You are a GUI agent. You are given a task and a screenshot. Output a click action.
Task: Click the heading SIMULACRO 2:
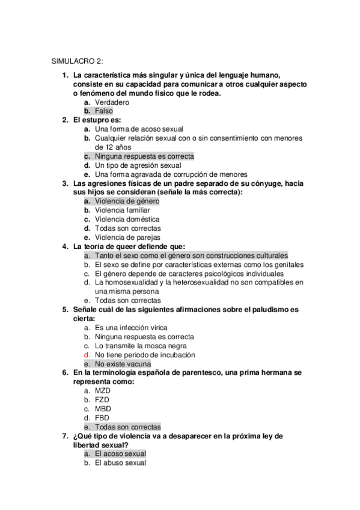point(77,61)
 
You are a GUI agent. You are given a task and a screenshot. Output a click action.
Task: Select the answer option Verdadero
point(112,102)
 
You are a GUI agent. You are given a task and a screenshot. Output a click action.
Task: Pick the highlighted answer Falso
point(103,111)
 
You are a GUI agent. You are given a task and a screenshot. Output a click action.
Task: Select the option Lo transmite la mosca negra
point(136,346)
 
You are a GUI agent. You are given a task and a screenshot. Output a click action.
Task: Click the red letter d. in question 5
point(87,355)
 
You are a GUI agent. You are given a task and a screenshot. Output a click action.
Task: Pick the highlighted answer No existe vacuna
point(123,364)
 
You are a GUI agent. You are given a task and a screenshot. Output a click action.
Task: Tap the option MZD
point(102,391)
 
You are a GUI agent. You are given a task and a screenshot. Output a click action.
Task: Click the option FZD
point(102,400)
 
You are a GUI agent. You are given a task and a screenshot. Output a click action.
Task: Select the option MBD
point(102,409)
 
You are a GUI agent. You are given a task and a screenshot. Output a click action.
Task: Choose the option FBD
point(102,418)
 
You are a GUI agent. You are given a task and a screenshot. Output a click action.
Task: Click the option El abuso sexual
point(120,463)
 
